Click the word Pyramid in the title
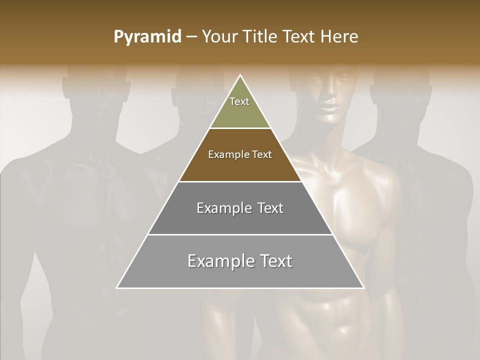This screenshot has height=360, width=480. [x=147, y=37]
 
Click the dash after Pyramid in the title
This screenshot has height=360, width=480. [x=191, y=37]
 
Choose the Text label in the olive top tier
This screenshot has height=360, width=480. [x=239, y=101]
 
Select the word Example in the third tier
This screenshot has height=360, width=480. [x=223, y=208]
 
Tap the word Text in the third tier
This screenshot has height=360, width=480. [x=269, y=208]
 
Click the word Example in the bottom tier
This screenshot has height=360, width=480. [x=219, y=261]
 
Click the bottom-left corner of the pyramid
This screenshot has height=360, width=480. [x=117, y=288]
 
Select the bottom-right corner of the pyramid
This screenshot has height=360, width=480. [x=363, y=288]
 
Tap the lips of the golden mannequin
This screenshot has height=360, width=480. [x=328, y=108]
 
